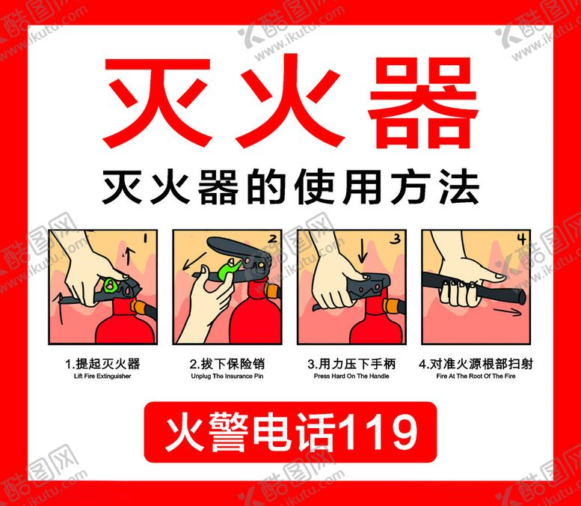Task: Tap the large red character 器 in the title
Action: [423, 103]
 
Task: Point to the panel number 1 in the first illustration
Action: [145, 238]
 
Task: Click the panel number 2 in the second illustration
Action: [273, 239]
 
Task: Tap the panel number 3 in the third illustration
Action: [396, 239]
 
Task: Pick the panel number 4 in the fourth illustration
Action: [522, 239]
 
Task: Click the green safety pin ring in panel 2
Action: [227, 270]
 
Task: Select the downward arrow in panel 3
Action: [362, 250]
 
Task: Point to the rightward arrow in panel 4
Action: [507, 311]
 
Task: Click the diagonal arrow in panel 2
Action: [194, 261]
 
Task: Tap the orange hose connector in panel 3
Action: [393, 306]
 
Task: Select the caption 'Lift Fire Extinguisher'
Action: [102, 377]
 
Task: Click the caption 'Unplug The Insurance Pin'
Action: [227, 377]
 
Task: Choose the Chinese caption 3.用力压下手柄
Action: [351, 364]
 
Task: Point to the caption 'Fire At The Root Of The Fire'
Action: [476, 377]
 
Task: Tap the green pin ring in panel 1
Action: [110, 285]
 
